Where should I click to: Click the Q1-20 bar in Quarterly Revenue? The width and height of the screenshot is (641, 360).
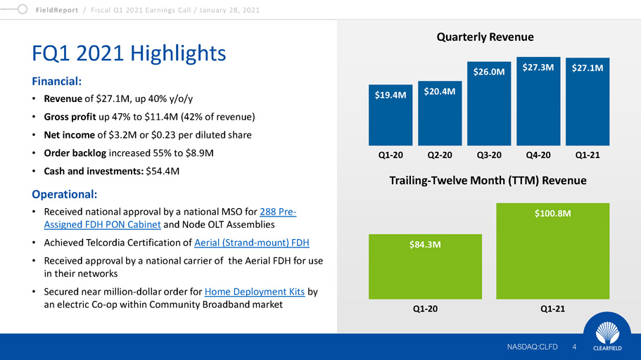391,116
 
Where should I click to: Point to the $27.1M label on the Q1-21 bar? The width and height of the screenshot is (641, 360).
588,69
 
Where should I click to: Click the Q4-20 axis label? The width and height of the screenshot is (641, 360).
538,155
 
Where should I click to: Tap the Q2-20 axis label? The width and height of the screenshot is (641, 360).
440,155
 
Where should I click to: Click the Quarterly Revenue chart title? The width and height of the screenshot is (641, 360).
488,37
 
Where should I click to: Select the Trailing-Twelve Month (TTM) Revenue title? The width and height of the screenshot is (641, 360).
488,181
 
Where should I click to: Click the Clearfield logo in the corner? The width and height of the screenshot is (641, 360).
607,335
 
